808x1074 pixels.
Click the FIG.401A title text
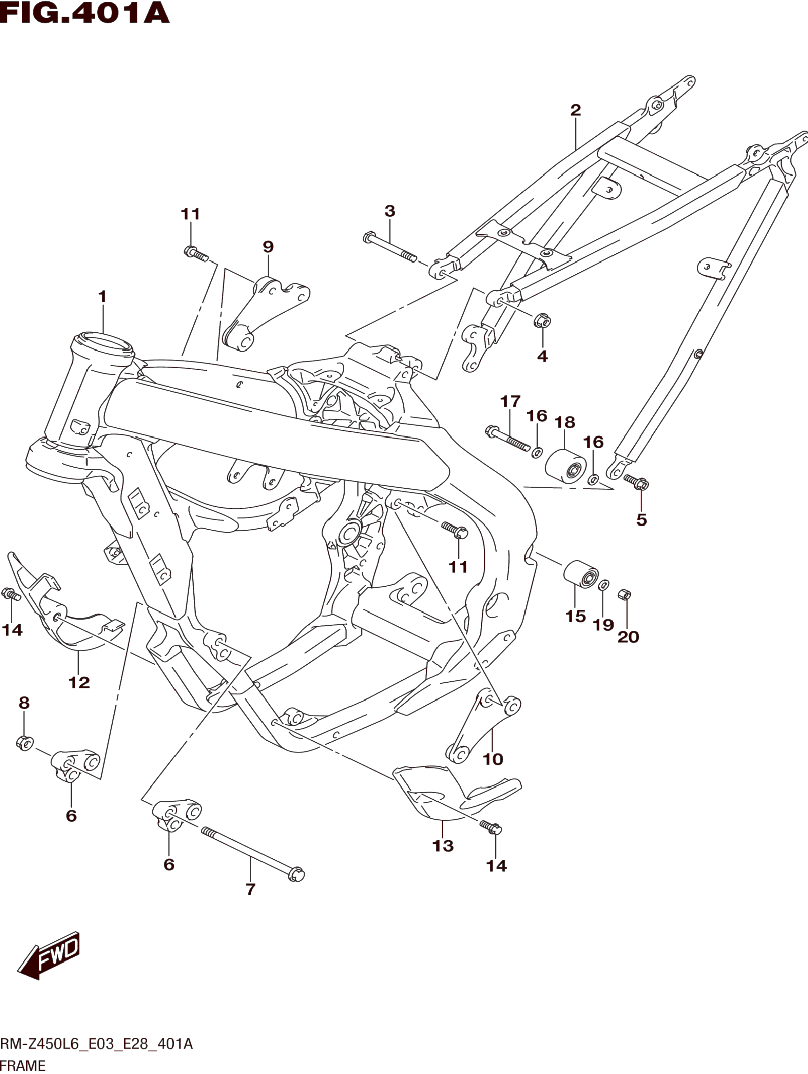click(85, 13)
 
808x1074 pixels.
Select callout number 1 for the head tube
click(102, 297)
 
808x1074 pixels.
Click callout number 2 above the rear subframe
click(575, 110)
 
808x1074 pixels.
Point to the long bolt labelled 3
click(389, 249)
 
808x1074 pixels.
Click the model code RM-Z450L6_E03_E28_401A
click(96, 1044)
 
